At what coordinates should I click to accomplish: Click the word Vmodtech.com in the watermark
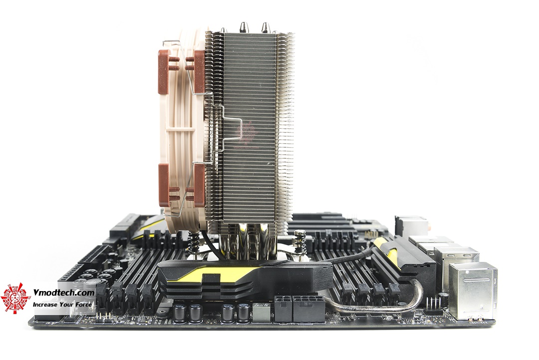[63, 293]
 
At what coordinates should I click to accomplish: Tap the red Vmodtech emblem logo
[15, 298]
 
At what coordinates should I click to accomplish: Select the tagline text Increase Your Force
[62, 304]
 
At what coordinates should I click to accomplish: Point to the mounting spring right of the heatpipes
[300, 240]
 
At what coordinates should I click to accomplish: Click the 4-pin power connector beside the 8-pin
[283, 309]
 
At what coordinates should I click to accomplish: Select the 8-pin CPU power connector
[308, 309]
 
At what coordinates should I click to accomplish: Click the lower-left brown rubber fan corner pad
[164, 185]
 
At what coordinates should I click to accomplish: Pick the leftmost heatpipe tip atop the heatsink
[224, 30]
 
